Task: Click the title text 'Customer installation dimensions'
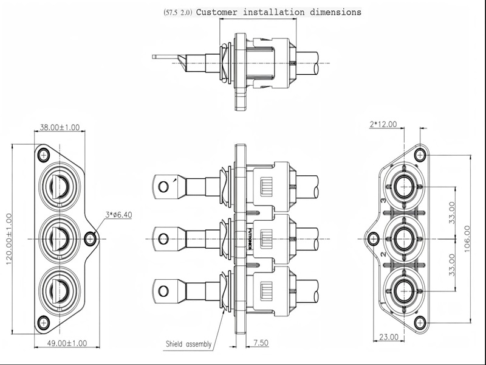[x=279, y=12]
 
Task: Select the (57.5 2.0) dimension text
[x=177, y=12]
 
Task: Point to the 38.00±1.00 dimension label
[x=60, y=127]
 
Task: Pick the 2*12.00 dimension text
[x=383, y=124]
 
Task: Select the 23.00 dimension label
[x=389, y=336]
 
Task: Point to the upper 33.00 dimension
[x=451, y=212]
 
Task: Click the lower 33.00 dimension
[x=451, y=265]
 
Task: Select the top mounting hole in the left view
[x=44, y=155]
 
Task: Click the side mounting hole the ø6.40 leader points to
[x=91, y=238]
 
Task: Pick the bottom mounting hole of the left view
[x=44, y=322]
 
